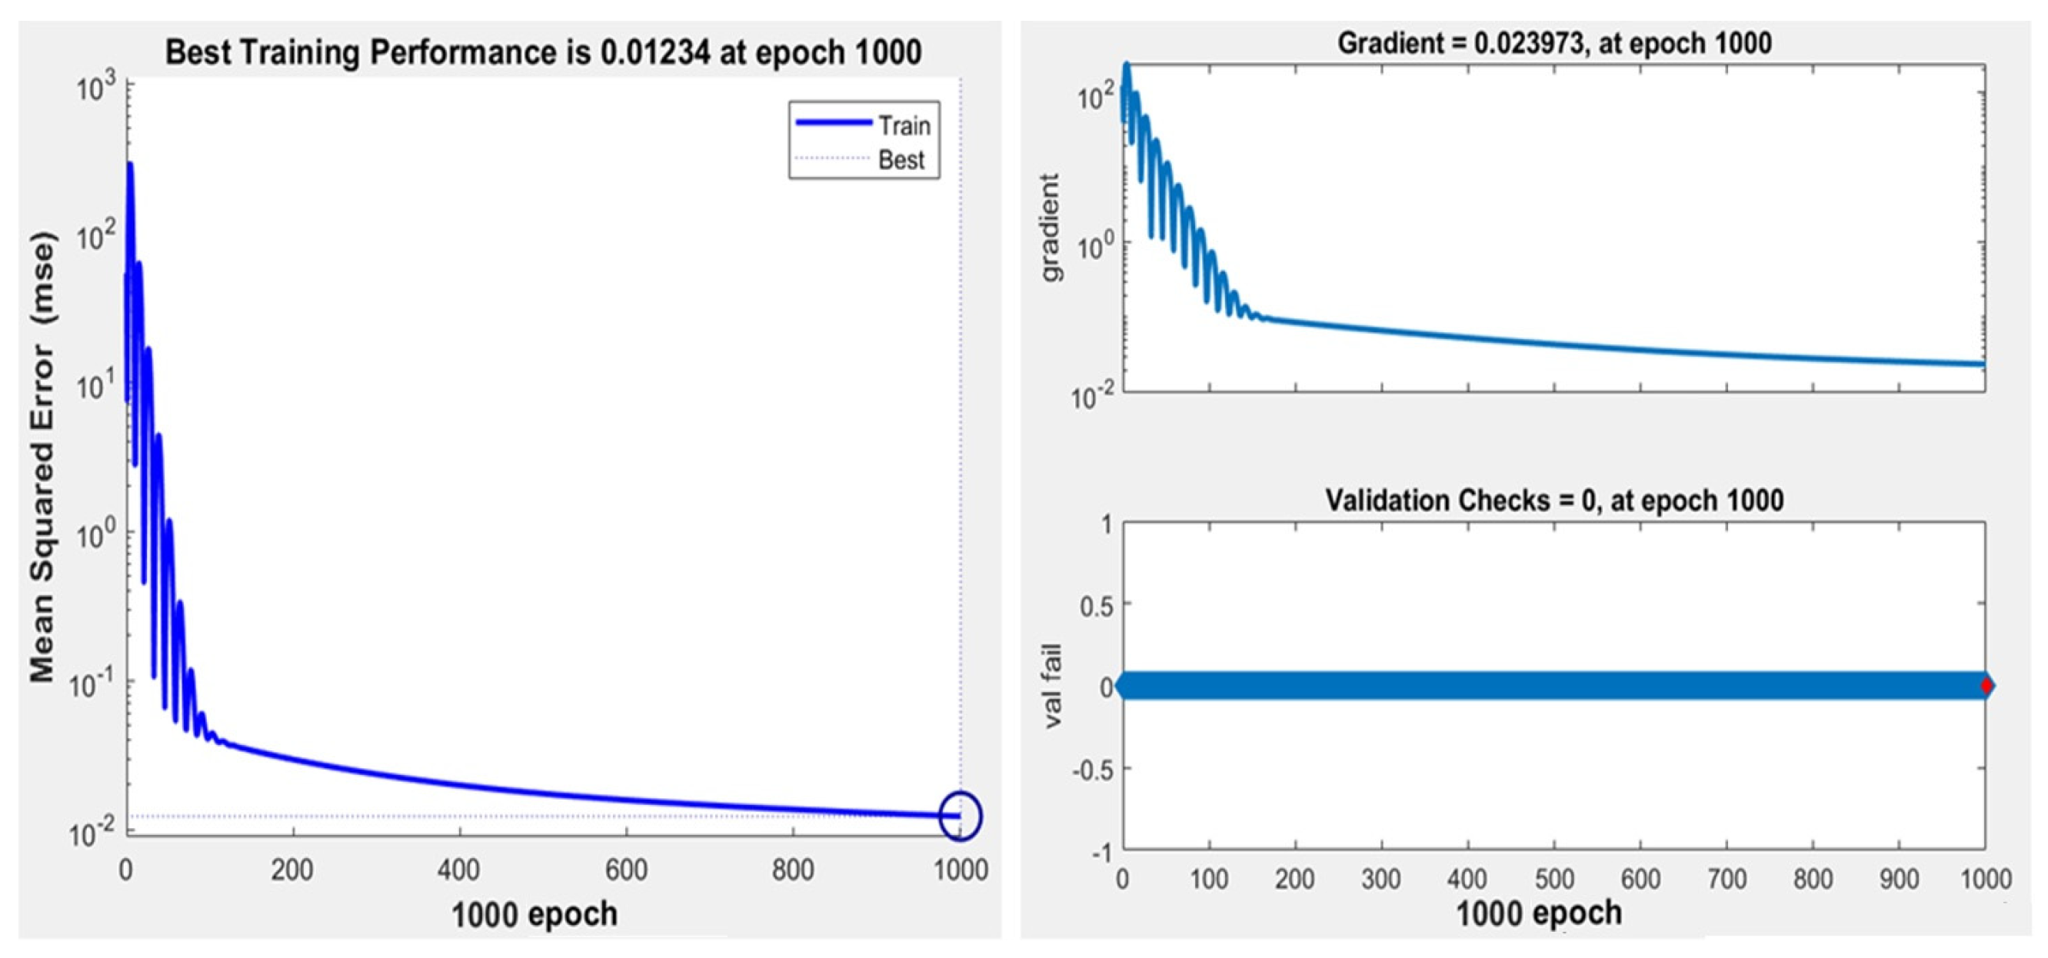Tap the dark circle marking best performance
click(x=961, y=815)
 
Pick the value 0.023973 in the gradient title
click(x=1529, y=43)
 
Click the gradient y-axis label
click(x=1051, y=228)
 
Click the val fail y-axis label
click(x=1052, y=685)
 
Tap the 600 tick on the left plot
click(x=626, y=870)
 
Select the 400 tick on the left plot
click(x=458, y=870)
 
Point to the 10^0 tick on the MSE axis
click(x=95, y=534)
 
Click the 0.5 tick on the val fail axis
click(x=1097, y=606)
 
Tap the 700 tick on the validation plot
click(x=1727, y=879)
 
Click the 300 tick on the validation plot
click(x=1381, y=879)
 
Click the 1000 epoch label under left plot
click(x=534, y=914)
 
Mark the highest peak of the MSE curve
click(x=130, y=165)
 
